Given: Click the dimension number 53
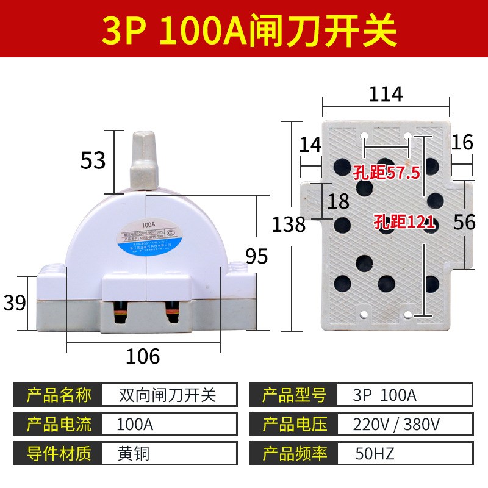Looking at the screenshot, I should point(93,160).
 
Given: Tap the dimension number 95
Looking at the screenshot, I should point(257,256).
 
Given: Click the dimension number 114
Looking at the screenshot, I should point(386,95).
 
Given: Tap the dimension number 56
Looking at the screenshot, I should point(464,222).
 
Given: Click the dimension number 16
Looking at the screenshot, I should point(462,142).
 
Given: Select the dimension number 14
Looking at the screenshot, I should point(310,144).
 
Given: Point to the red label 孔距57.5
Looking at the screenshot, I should point(386,173).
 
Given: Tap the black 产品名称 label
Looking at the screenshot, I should point(59,395).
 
